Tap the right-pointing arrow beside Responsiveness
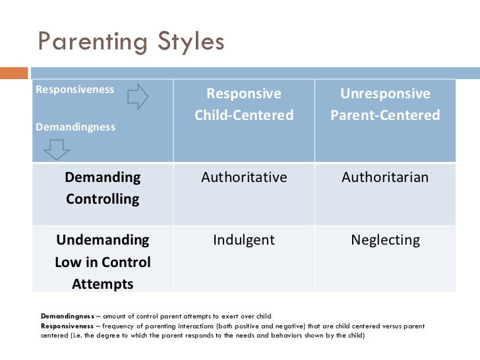[x=138, y=98]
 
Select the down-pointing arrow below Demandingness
[x=57, y=150]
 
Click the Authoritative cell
[x=244, y=177]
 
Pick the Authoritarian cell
[x=385, y=177]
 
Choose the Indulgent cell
[x=244, y=240]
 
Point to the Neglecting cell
[x=385, y=240]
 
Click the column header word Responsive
[x=244, y=94]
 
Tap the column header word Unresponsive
[x=385, y=94]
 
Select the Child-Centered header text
[x=244, y=115]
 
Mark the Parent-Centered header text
[x=385, y=115]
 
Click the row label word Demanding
[x=102, y=177]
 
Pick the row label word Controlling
[x=102, y=199]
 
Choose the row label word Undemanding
[x=102, y=239]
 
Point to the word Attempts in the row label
[x=102, y=284]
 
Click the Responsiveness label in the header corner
[x=75, y=90]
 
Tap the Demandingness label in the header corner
[x=75, y=127]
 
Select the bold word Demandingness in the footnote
[x=68, y=316]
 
